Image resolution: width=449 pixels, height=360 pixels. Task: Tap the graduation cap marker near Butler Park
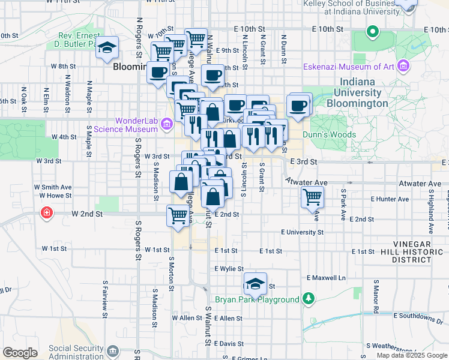coord(107,47)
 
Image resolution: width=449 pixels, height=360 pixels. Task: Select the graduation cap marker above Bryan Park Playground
coord(256,283)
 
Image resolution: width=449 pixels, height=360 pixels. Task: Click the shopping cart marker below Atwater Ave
coord(312,196)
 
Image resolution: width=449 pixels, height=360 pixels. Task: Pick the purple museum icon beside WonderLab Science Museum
coord(167,124)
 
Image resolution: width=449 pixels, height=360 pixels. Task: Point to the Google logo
coord(20,353)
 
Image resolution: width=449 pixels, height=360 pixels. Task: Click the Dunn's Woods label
coord(329,135)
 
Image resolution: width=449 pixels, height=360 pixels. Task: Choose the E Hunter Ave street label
coord(390,199)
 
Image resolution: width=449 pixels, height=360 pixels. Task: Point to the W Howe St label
coord(55,195)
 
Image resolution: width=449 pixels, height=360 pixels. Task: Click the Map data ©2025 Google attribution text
coord(411,355)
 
